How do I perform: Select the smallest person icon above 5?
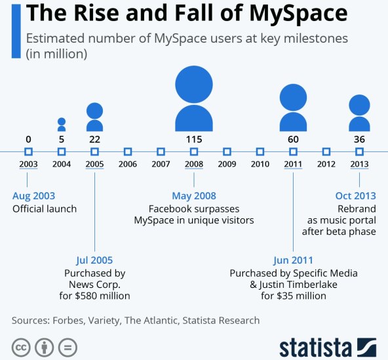62,125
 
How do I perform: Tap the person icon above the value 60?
293,108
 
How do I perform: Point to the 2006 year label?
128,164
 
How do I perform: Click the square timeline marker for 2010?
260,151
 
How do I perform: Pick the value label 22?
94,139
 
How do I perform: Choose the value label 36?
359,139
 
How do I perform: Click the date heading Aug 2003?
34,196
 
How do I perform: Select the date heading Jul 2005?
94,260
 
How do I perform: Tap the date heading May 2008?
194,196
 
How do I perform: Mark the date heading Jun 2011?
293,260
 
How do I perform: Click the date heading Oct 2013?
355,196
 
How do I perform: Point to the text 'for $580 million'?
94,296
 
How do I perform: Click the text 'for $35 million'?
293,296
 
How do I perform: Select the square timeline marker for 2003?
28,151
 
